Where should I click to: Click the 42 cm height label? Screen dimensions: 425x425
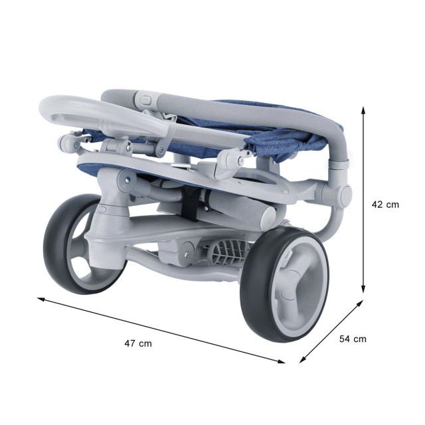tap(385, 205)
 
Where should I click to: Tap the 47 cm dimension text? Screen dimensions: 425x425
tap(138, 344)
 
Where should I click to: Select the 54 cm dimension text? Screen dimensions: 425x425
tap(353, 339)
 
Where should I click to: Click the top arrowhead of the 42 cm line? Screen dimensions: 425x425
tap(363, 110)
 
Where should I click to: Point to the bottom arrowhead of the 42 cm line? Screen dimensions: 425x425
tap(363, 289)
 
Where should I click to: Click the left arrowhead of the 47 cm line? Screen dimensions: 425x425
tap(41, 299)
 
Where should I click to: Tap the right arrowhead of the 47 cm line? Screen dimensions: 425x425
tap(281, 361)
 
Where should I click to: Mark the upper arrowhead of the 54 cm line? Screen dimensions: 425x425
tap(359, 303)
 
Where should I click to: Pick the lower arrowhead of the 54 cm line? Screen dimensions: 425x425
tap(303, 359)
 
